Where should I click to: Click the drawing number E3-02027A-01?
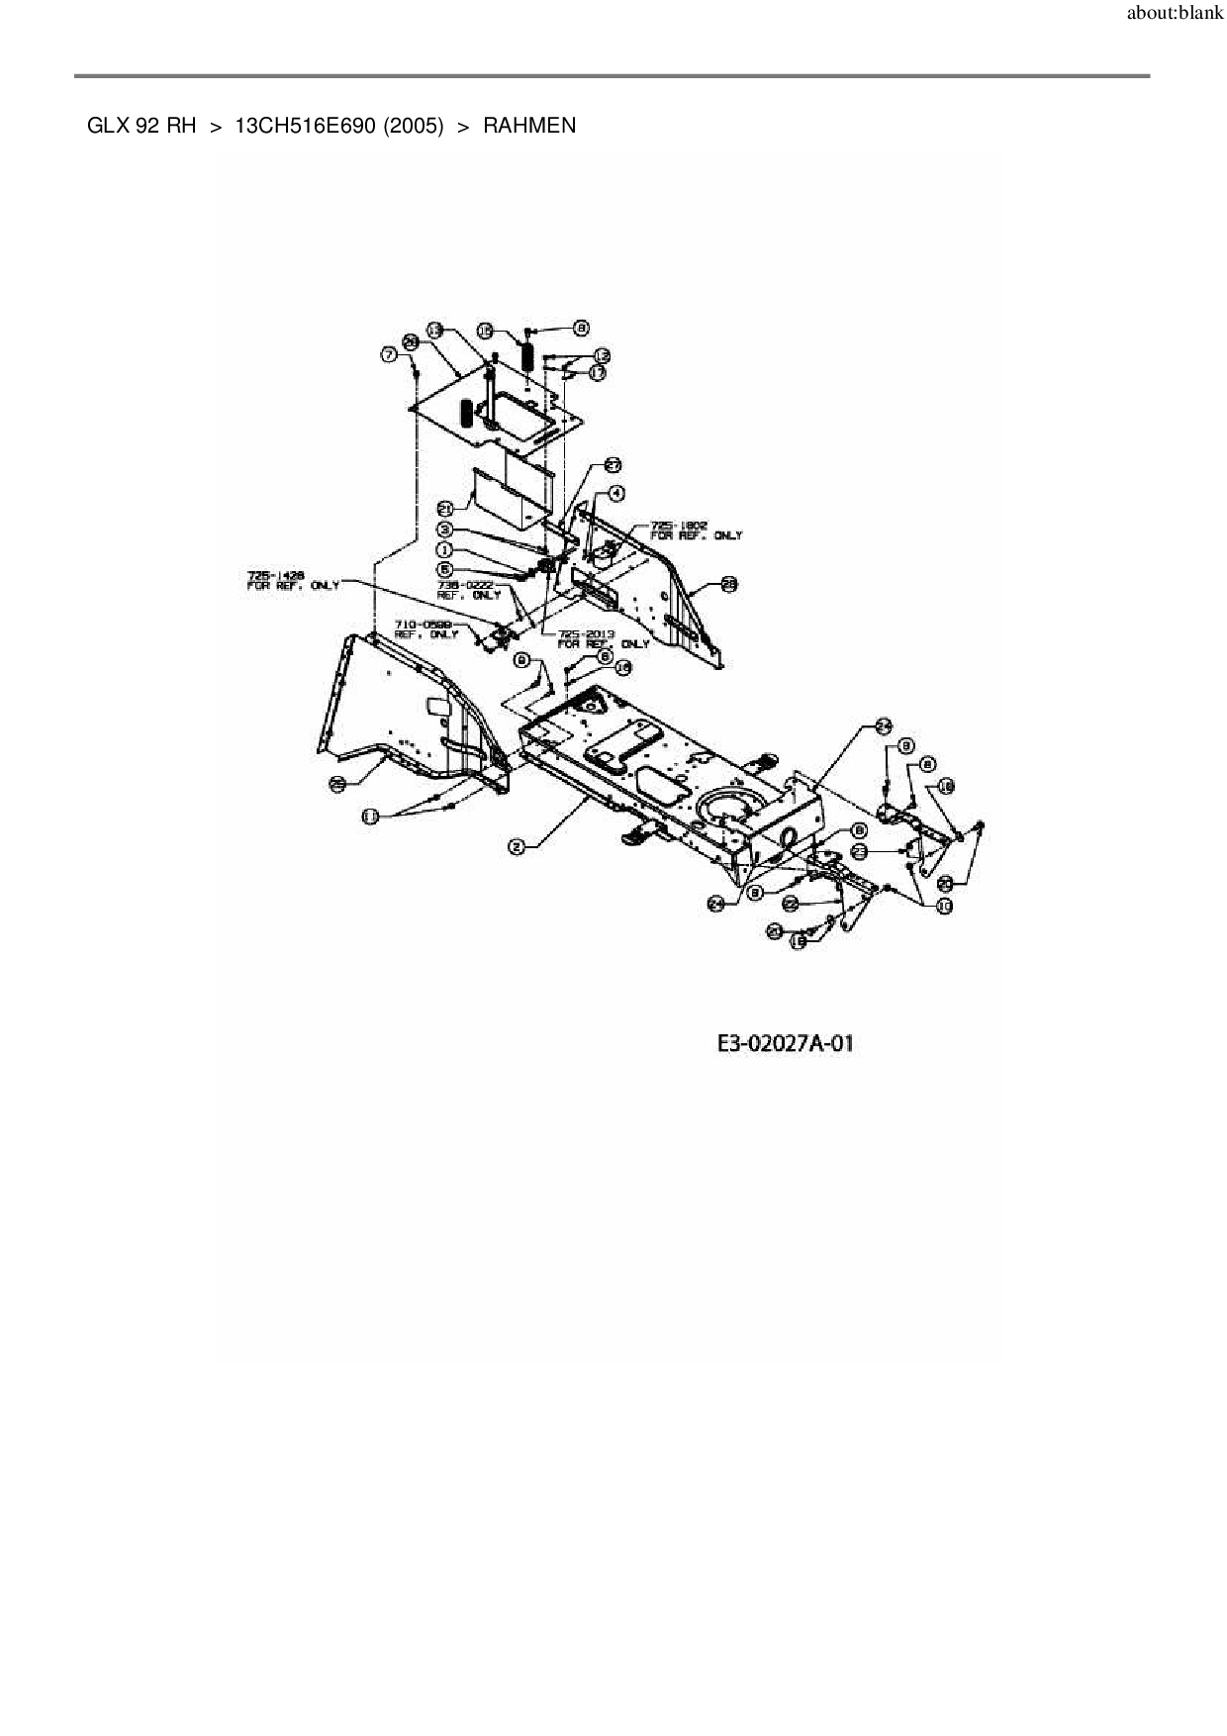[x=785, y=1043]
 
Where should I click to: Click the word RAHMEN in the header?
[x=529, y=126]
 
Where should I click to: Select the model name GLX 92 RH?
[x=142, y=126]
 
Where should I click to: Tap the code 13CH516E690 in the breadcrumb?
[x=310, y=126]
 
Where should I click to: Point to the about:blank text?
[x=1175, y=15]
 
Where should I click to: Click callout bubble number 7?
[x=390, y=354]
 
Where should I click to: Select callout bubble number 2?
[x=516, y=846]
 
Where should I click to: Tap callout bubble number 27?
[x=613, y=465]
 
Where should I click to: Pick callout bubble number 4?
[x=616, y=493]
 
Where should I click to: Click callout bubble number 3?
[x=445, y=530]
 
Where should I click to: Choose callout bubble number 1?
[x=445, y=549]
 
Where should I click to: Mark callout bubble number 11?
[x=370, y=816]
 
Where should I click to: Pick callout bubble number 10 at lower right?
[x=945, y=906]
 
